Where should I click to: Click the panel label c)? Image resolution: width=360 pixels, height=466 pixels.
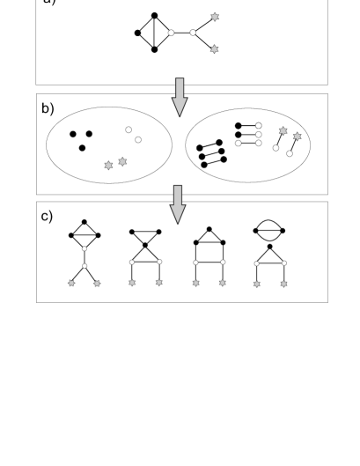click(46, 216)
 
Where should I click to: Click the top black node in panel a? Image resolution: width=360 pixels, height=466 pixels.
click(155, 15)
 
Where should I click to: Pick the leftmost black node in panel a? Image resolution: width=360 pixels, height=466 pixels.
click(137, 33)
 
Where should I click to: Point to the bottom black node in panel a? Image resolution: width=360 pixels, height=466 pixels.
click(155, 49)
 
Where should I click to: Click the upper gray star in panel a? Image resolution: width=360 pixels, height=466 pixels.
click(215, 17)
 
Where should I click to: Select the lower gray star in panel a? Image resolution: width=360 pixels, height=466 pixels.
click(214, 49)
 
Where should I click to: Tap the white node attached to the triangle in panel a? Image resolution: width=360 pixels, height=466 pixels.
click(172, 33)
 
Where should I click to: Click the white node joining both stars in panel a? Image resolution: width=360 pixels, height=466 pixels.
click(193, 33)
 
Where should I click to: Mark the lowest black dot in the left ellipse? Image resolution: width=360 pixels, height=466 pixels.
click(82, 147)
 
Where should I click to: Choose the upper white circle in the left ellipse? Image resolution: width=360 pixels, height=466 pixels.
click(129, 129)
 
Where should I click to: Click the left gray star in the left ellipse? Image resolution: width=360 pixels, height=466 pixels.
click(108, 165)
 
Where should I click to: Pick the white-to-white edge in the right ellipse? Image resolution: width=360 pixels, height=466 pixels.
click(249, 143)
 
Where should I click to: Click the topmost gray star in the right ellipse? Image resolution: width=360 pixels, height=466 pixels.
click(283, 130)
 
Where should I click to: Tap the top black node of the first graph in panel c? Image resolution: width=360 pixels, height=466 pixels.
click(84, 222)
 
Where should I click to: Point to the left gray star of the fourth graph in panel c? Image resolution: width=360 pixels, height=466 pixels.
click(257, 284)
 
